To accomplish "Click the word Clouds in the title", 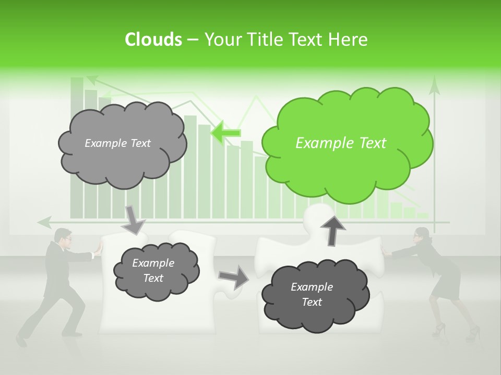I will [153, 40].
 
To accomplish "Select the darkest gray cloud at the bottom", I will [315, 295].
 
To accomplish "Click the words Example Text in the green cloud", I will [341, 143].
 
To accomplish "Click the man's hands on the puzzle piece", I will [97, 252].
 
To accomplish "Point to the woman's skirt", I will [446, 281].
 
